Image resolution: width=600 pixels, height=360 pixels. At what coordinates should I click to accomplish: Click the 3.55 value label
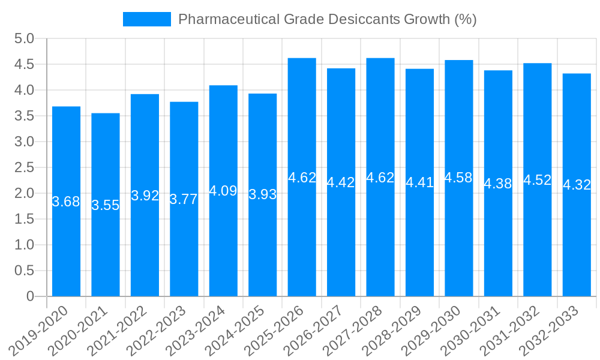(106, 205)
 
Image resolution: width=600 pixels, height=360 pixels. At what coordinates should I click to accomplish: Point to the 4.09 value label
(223, 191)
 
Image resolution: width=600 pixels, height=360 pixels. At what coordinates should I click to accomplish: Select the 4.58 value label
(459, 178)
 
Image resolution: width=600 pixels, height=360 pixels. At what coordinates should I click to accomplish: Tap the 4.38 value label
(498, 184)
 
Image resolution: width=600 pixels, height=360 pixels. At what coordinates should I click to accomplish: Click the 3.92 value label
(145, 196)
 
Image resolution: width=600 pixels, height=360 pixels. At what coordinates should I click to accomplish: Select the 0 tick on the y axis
(31, 296)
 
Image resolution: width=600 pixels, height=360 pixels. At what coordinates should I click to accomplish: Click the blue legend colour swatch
(146, 19)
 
